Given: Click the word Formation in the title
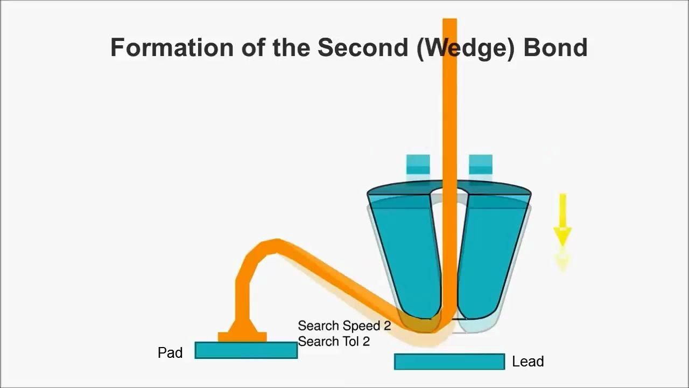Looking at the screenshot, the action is (172, 47).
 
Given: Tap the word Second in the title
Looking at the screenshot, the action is (363, 47).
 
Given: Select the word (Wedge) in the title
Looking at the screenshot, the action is (466, 49).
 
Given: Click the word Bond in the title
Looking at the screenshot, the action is (556, 47).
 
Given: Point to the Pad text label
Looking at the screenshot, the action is (170, 352).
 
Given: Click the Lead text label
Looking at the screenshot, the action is (528, 361).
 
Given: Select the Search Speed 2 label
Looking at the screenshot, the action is (344, 326).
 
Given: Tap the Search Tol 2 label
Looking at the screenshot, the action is (334, 342).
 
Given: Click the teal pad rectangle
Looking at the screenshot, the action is (246, 350).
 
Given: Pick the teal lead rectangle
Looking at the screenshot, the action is (449, 362).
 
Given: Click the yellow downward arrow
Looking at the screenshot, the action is (563, 220).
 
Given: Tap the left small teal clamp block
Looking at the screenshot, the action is (418, 164).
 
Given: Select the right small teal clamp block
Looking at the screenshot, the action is (481, 164).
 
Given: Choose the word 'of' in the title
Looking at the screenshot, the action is (253, 47).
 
